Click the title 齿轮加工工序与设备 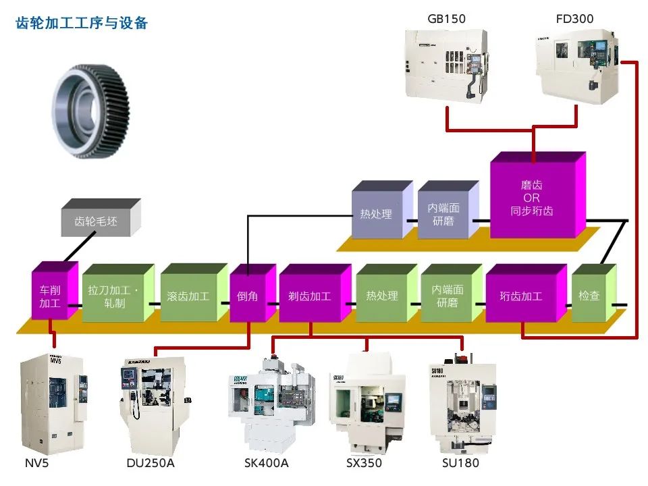pyautogui.click(x=82, y=23)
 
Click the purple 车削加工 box pyautogui.click(x=50, y=296)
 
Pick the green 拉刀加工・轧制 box pyautogui.click(x=115, y=296)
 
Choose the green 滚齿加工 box pyautogui.click(x=188, y=296)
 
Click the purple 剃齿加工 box pyautogui.click(x=310, y=296)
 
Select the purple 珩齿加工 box pyautogui.click(x=521, y=296)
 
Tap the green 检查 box pyautogui.click(x=589, y=296)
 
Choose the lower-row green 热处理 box pyautogui.click(x=382, y=296)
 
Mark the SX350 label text pyautogui.click(x=364, y=463)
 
